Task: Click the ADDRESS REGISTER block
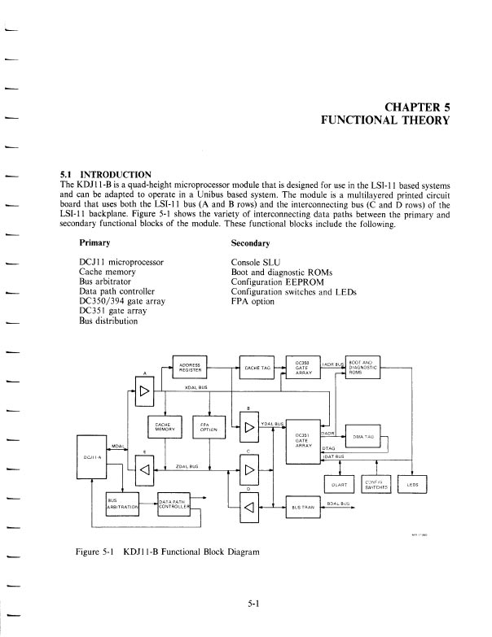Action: [x=191, y=369]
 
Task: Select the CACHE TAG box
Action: [x=257, y=369]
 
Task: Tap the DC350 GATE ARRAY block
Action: [x=303, y=368]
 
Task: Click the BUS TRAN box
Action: [x=302, y=506]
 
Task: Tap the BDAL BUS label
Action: [x=337, y=502]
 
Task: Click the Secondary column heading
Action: [x=252, y=243]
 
